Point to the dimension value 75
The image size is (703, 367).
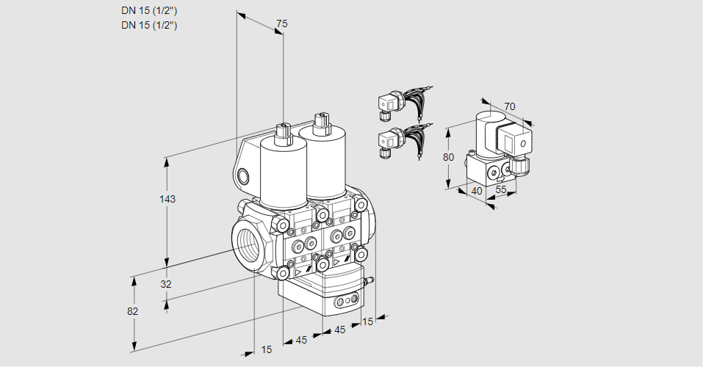point(281,24)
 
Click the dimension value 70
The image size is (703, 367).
point(510,106)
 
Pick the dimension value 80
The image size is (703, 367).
point(450,156)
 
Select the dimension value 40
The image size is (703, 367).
point(476,190)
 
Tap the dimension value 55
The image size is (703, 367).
point(502,190)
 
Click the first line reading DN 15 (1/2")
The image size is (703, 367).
point(150,10)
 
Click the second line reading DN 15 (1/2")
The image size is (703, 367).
point(150,25)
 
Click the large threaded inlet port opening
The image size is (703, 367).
point(245,244)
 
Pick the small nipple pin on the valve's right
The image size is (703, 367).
point(371,280)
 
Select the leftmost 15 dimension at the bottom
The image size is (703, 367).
point(266,349)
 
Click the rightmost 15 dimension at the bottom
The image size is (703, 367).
point(368,321)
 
